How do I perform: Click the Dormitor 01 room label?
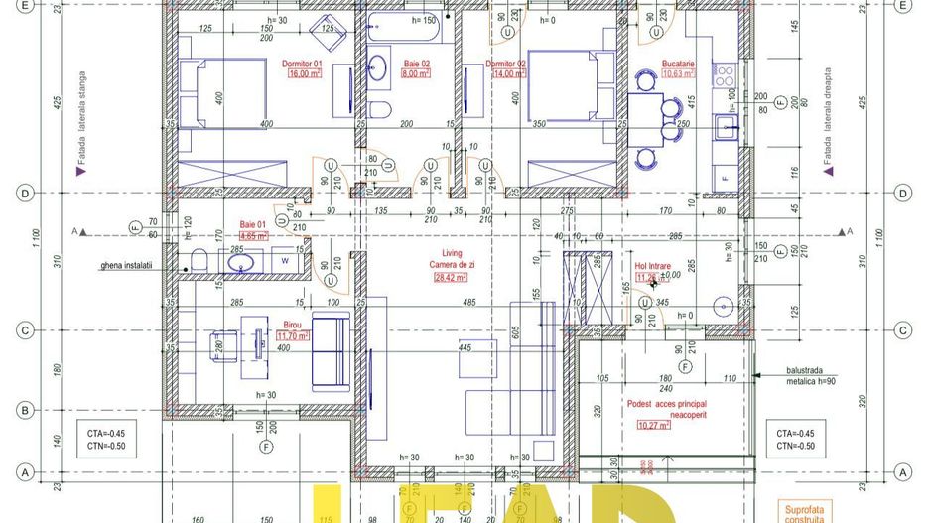(x=302, y=64)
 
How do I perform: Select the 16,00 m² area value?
(x=302, y=73)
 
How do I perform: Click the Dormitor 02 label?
(x=504, y=64)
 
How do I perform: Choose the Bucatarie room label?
(x=678, y=64)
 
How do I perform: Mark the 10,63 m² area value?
(x=678, y=73)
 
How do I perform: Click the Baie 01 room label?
(x=254, y=226)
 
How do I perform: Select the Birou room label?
(x=293, y=326)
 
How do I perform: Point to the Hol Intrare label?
(x=653, y=266)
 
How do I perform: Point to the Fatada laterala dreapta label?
(x=826, y=119)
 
